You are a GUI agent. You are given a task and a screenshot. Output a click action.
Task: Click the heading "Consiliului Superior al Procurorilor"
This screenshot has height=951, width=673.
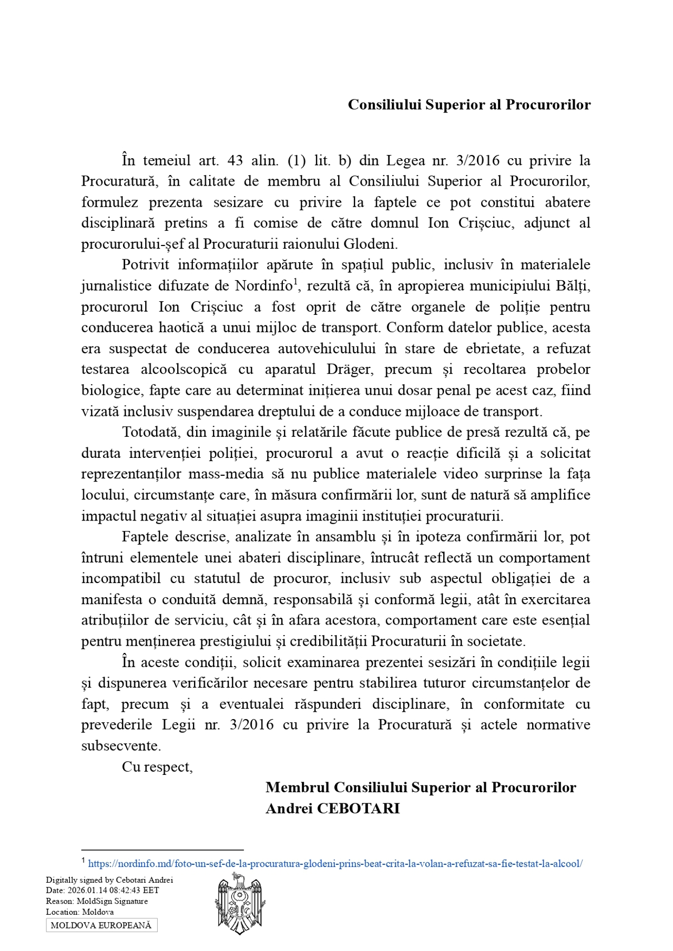coord(469,105)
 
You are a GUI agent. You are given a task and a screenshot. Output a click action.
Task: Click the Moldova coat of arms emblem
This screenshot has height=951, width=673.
coord(240,903)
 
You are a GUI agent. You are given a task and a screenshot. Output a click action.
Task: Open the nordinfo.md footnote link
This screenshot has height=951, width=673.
coord(335,863)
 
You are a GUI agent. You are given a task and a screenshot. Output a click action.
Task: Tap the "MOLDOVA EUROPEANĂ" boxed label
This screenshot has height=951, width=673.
coord(101,925)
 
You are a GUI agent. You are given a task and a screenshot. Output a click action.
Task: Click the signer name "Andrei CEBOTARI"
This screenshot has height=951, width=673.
coord(332,808)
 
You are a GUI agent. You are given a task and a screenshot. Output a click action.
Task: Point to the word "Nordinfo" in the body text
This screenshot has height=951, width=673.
coord(263,285)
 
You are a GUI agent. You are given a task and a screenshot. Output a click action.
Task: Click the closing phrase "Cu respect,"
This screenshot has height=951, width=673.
coord(157,766)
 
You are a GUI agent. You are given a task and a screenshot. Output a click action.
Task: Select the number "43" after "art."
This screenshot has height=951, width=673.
coord(235,160)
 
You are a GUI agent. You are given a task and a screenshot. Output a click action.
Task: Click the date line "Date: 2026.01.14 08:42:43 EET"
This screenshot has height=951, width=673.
coord(102,890)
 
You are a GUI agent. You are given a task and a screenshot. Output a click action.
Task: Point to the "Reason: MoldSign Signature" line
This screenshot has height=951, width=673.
coord(97,901)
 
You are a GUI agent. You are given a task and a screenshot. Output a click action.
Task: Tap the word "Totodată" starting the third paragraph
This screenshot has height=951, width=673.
coord(150,432)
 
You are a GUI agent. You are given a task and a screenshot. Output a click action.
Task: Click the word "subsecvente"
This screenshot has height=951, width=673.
coord(120,745)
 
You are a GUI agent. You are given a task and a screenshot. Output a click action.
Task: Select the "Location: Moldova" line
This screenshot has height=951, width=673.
coord(79,912)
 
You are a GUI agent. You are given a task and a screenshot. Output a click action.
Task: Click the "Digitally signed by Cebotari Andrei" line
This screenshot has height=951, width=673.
coord(109,880)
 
